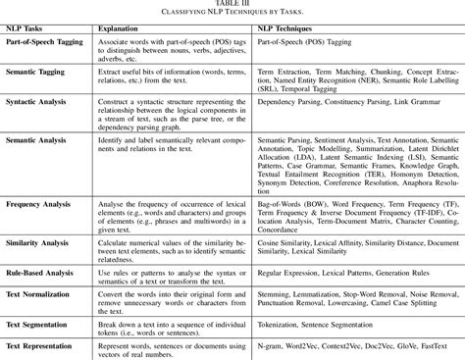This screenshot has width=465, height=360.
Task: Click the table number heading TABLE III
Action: pos(232,5)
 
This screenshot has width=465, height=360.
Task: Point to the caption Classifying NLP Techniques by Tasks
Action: pos(232,14)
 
